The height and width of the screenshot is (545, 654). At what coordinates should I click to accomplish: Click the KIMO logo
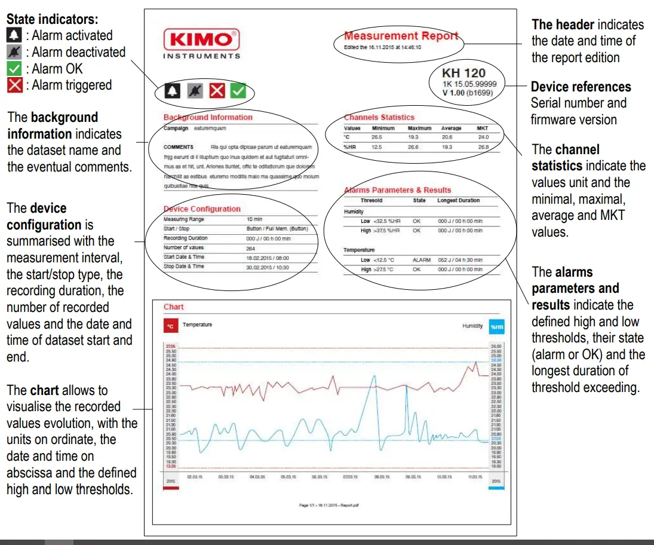pyautogui.click(x=201, y=41)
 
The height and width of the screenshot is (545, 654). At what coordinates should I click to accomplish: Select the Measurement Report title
pyautogui.click(x=401, y=36)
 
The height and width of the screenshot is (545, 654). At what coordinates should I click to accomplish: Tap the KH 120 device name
pyautogui.click(x=463, y=73)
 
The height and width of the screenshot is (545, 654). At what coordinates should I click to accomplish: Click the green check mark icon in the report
pyautogui.click(x=239, y=91)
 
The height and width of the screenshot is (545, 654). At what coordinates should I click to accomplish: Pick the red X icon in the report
pyautogui.click(x=217, y=91)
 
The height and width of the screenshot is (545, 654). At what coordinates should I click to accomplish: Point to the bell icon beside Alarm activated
pyautogui.click(x=14, y=35)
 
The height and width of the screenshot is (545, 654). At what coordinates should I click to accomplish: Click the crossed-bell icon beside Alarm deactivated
pyautogui.click(x=14, y=52)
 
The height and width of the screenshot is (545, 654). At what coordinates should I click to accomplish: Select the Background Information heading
pyautogui.click(x=208, y=117)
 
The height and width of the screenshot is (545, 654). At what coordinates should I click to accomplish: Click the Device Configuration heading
pyautogui.click(x=202, y=209)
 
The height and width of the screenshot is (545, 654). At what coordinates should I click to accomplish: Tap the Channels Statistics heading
pyautogui.click(x=379, y=117)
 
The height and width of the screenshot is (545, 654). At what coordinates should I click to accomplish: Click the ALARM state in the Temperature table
pyautogui.click(x=421, y=261)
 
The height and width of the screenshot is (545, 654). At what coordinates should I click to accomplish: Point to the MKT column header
pyautogui.click(x=483, y=128)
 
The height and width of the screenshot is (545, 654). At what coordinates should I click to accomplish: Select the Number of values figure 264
pyautogui.click(x=251, y=247)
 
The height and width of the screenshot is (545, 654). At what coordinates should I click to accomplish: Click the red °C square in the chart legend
pyautogui.click(x=171, y=326)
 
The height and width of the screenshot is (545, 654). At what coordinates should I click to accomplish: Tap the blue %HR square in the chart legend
pyautogui.click(x=496, y=327)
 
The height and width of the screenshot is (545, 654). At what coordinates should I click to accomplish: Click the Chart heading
pyautogui.click(x=174, y=307)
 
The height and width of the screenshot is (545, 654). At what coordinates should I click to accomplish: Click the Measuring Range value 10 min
pyautogui.click(x=254, y=219)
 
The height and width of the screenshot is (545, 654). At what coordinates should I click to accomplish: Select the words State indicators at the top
pyautogui.click(x=52, y=19)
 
